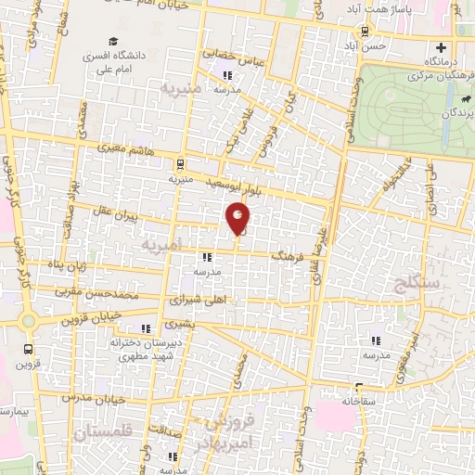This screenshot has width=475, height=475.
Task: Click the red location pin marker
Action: [238, 219]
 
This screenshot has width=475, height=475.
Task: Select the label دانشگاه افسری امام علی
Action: [148, 58]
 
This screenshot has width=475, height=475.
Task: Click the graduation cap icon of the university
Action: [113, 42]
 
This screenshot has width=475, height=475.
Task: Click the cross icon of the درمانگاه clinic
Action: [441, 47]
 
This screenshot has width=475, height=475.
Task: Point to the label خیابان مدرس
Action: [89, 396]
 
